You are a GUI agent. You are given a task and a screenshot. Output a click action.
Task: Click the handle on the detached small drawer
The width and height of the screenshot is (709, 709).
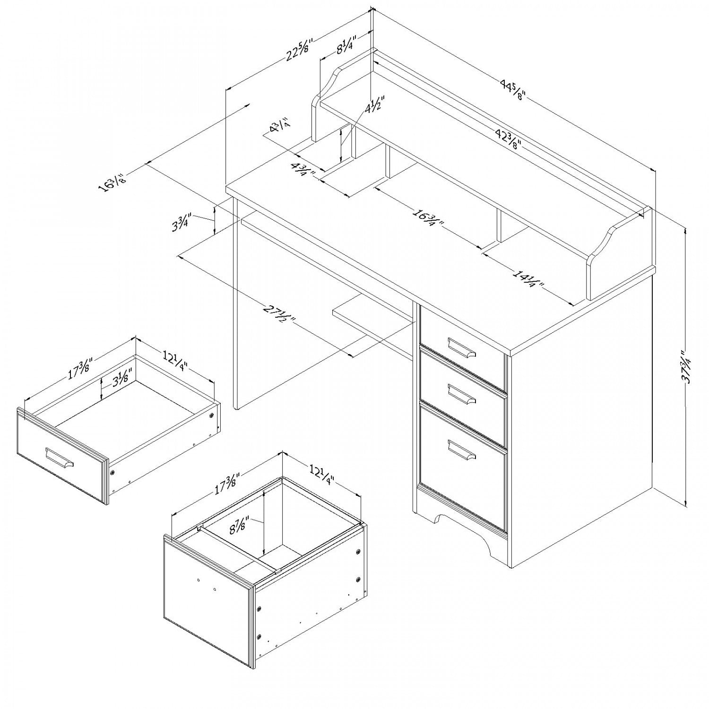60,458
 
